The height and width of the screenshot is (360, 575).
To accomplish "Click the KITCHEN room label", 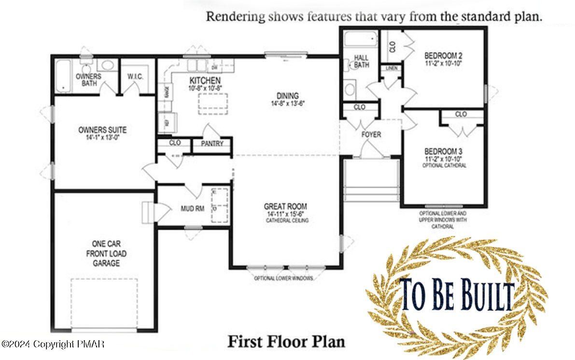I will pos(205,80).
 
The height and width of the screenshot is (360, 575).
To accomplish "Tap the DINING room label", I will pos(287,96).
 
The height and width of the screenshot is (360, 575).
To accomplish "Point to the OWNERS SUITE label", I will pos(102,130).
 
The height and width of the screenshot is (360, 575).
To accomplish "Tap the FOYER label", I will pos(371,134).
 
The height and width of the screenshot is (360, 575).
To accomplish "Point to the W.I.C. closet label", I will pos(134,76).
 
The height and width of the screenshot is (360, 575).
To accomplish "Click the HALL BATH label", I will pos(362,61).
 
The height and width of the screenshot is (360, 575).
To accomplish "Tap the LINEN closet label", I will pos(392,69).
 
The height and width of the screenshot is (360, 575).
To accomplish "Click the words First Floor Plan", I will pos(286,342).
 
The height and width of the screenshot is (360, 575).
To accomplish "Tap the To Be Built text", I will pos(457,294).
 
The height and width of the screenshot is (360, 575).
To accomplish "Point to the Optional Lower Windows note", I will pos(284,278).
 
